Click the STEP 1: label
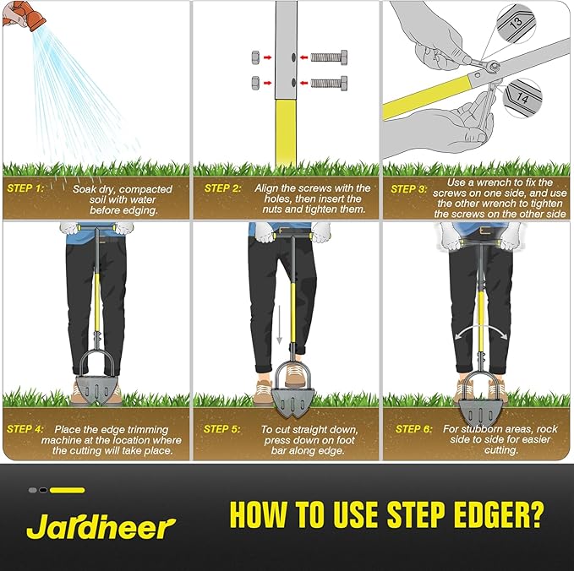click(x=25, y=188)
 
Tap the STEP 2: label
click(x=222, y=188)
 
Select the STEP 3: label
click(x=408, y=189)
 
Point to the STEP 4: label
click(x=25, y=429)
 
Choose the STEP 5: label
click(x=221, y=429)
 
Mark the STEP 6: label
click(x=413, y=429)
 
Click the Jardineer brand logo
click(x=101, y=526)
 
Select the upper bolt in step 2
click(x=329, y=57)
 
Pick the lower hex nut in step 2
click(x=256, y=83)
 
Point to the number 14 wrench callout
click(x=522, y=98)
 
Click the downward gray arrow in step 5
click(x=279, y=324)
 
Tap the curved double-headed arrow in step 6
click(x=481, y=332)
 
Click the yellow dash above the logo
click(x=68, y=490)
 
